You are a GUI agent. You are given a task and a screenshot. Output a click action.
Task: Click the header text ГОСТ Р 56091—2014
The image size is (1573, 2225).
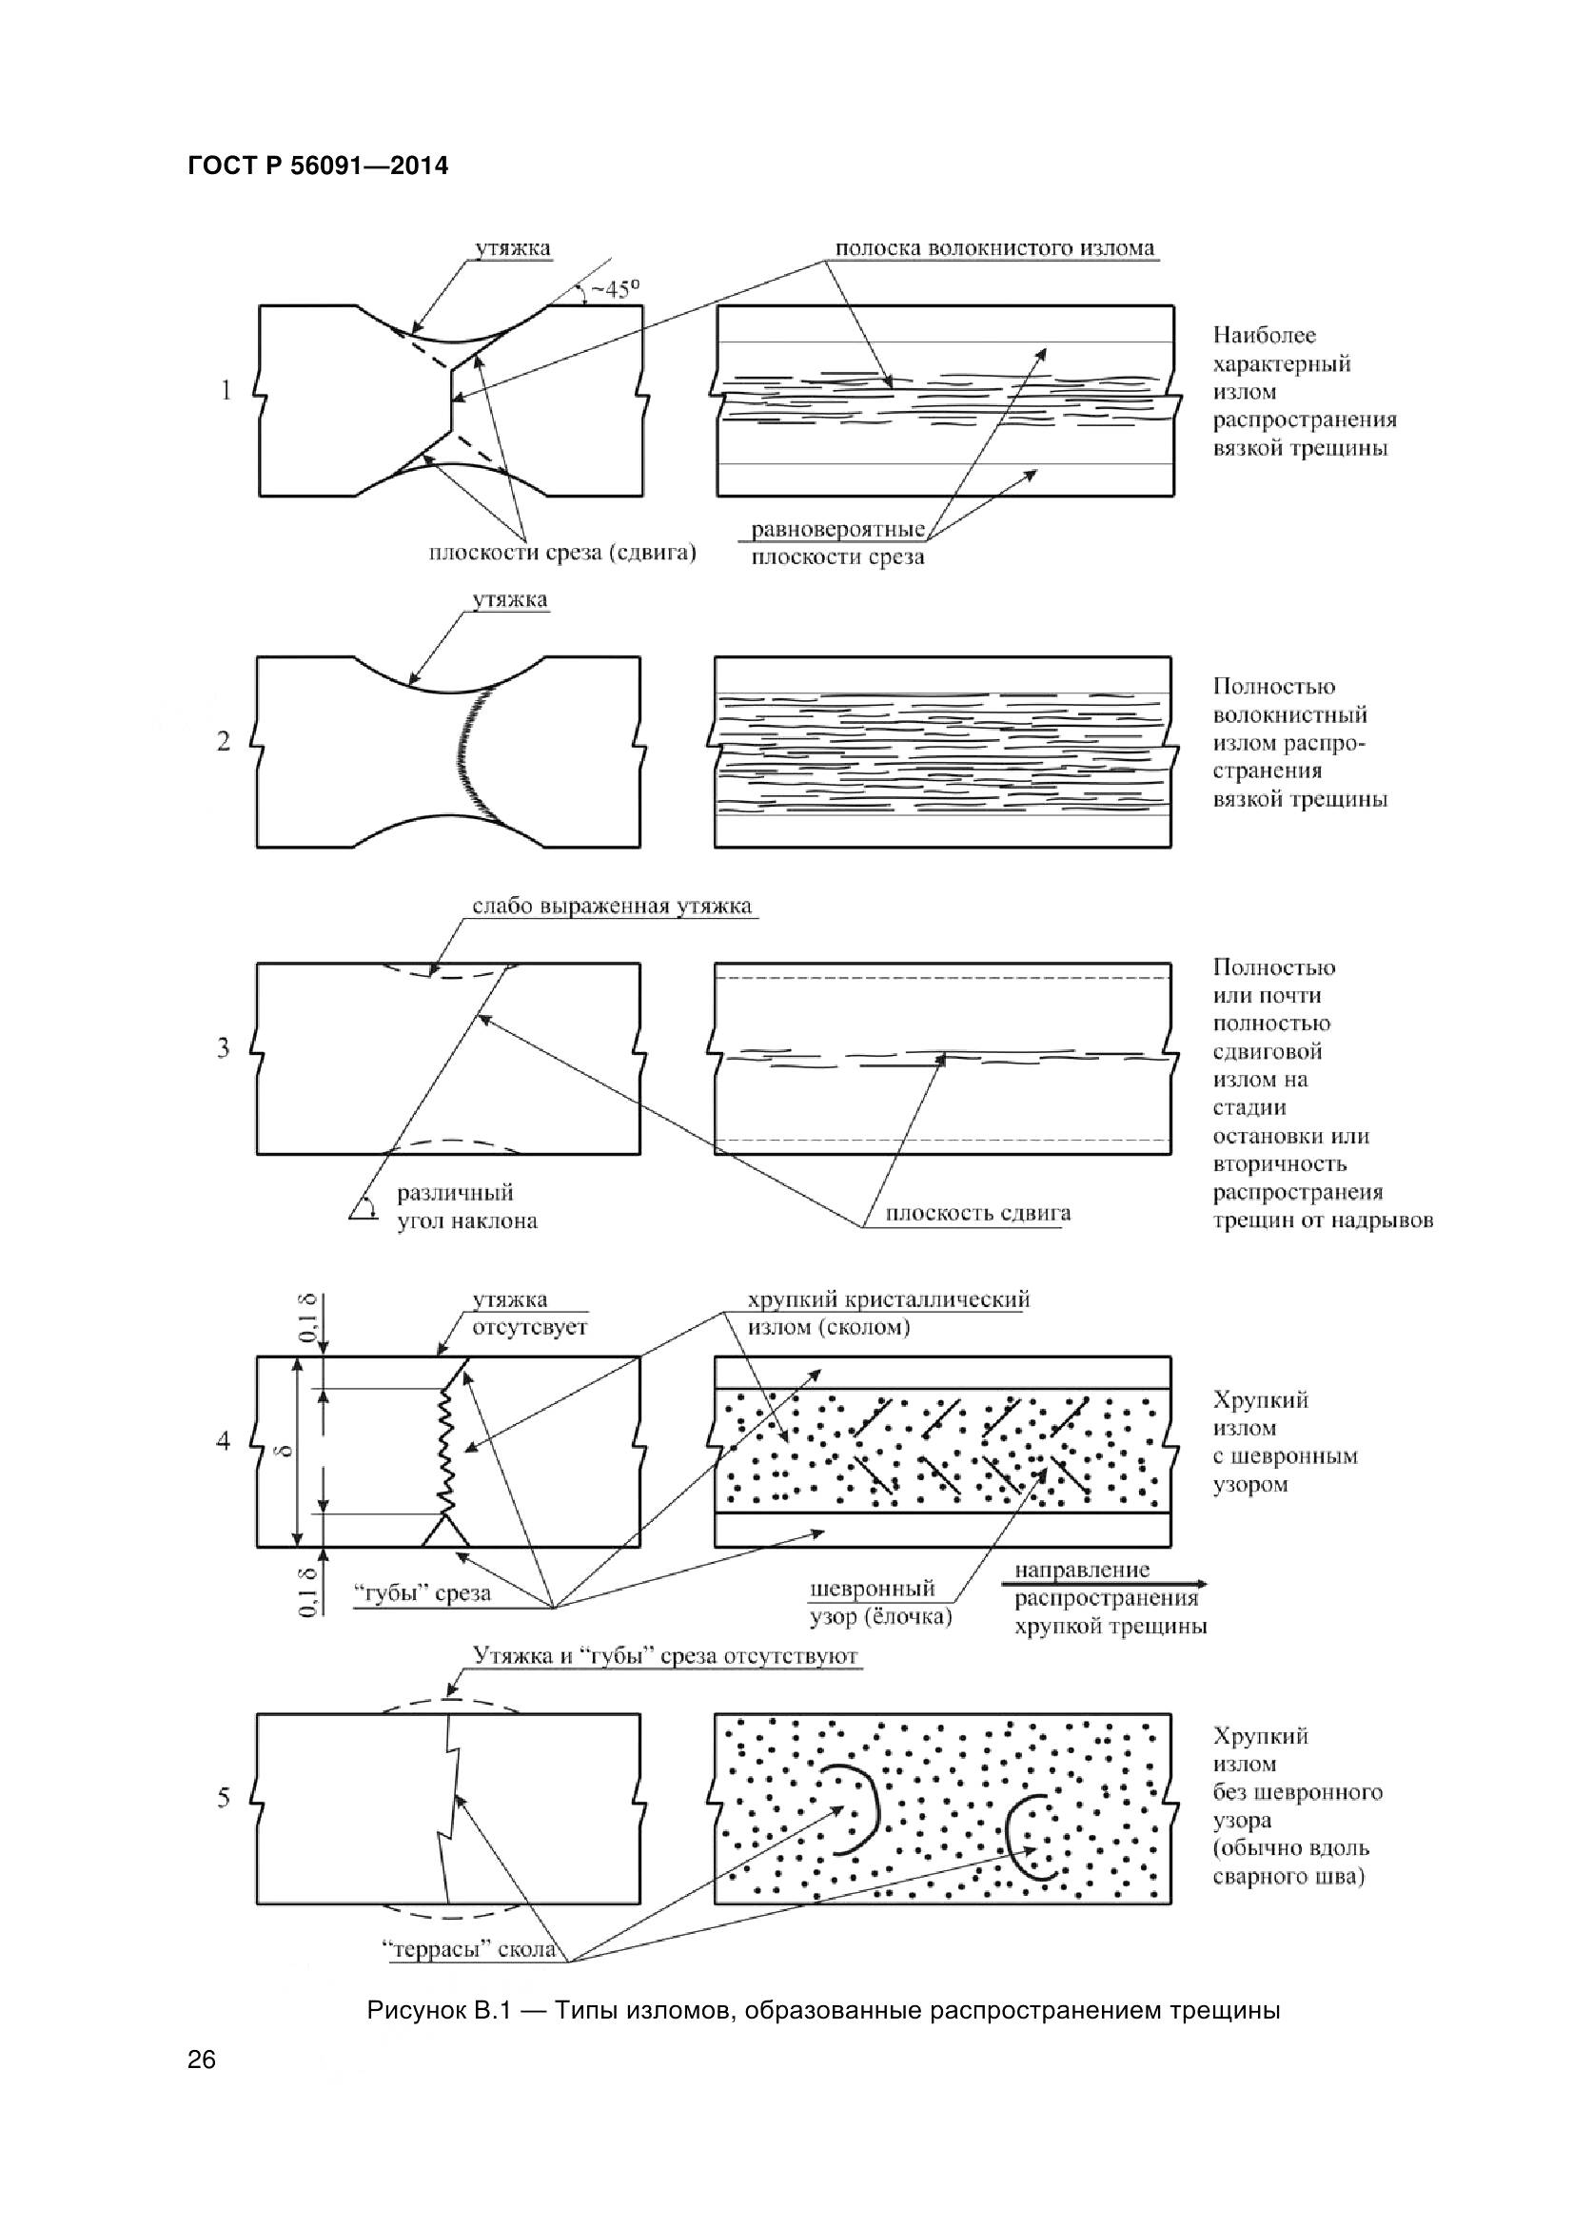coord(318,166)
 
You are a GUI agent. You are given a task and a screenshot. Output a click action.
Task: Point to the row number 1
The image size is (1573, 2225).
coord(226,392)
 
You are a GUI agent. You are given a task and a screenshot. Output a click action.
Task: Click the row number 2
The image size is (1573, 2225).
coord(224,742)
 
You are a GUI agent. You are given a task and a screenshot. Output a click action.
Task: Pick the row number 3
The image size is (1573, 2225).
coord(224,1048)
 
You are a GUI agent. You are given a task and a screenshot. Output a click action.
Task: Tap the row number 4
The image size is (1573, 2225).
coord(224,1442)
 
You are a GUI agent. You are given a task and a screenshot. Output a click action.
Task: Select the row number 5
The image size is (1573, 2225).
coord(224,1799)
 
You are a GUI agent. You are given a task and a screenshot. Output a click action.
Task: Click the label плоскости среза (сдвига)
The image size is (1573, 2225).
coord(562,555)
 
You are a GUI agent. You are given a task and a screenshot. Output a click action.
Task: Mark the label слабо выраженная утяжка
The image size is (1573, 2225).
coord(612,908)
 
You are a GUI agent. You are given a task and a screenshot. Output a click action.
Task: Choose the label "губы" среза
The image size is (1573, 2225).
coord(421,1593)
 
